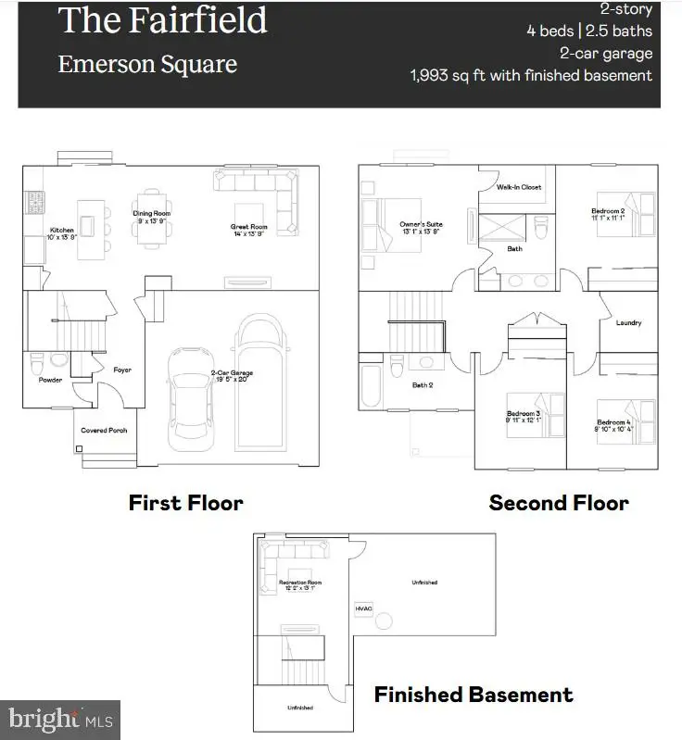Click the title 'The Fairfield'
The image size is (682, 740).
[x=162, y=21]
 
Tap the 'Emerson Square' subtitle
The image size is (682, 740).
[x=147, y=65]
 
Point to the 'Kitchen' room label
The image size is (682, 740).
[x=62, y=230]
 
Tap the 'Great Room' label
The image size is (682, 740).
[x=249, y=227]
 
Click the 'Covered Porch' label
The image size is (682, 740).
[x=105, y=431]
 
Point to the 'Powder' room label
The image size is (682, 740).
[x=50, y=380]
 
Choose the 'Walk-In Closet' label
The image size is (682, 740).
[x=519, y=187]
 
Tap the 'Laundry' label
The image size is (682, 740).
[x=628, y=323]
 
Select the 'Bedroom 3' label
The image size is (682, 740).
[x=524, y=413]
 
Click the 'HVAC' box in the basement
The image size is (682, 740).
[x=363, y=608]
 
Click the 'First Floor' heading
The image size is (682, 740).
[x=185, y=503]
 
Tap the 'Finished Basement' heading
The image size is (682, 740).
[x=474, y=694]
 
